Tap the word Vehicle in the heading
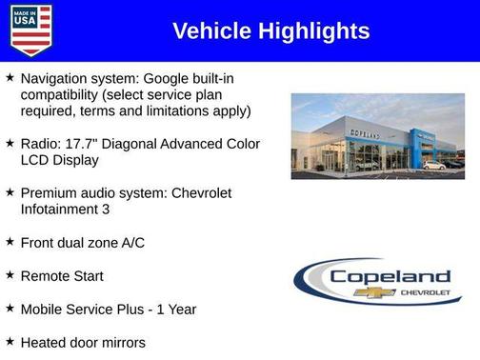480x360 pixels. pos(208,31)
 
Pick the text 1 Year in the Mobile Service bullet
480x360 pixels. pos(178,309)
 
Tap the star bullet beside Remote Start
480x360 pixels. pos(10,274)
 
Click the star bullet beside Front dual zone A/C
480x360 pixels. pos(10,241)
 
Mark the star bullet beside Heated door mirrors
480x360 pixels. pos(10,341)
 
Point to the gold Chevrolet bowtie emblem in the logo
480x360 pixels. pos(374,291)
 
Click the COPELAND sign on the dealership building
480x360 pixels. pos(363,135)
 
